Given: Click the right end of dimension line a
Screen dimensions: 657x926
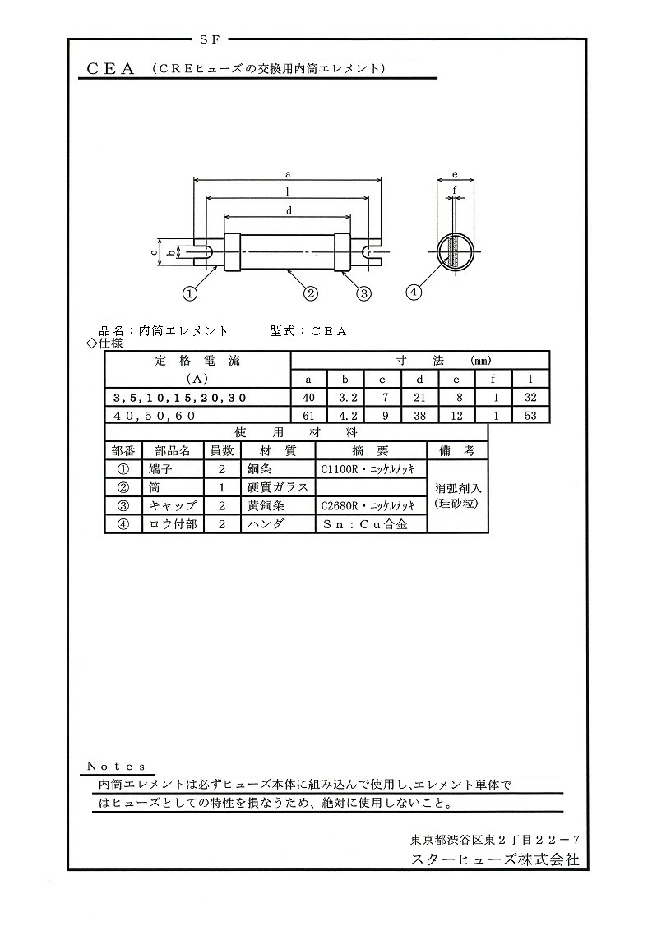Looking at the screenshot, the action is tap(381, 180).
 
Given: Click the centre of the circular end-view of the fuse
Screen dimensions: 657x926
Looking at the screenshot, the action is tap(455, 252).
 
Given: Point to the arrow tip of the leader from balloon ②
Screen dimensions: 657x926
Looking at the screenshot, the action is tap(288, 270).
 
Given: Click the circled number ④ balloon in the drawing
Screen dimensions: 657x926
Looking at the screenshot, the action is tap(414, 292).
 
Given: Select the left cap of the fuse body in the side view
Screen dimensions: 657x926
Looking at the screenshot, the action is tap(231, 252).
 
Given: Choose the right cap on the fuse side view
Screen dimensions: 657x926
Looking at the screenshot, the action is tap(343, 252).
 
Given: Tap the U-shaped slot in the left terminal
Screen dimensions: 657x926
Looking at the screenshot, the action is tap(203, 252).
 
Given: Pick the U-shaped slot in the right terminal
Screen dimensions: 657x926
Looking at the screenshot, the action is tap(371, 252).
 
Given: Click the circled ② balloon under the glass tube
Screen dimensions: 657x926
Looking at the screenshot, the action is tap(312, 293).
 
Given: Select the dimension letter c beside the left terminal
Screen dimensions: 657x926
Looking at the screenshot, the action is tap(153, 252).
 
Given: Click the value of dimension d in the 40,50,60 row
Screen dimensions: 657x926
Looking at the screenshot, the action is tap(419, 416).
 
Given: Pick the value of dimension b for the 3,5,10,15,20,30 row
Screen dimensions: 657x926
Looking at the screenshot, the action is tap(345, 398).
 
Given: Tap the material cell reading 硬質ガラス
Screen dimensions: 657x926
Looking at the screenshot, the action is tap(278, 487).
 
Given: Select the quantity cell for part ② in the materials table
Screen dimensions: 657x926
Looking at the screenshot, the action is tap(222, 488).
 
